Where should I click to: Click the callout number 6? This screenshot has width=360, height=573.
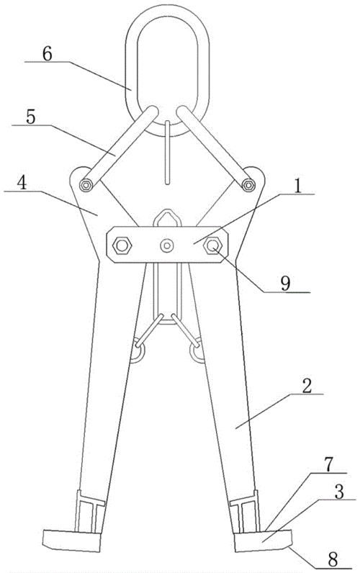point(48,54)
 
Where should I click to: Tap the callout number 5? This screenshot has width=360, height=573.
point(31,117)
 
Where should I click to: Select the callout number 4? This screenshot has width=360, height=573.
point(22,183)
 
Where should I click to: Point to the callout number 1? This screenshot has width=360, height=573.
point(298,186)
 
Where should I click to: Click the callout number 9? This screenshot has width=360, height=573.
point(286,283)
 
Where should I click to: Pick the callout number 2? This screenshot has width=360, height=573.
point(307,386)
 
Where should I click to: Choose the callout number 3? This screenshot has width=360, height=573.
point(339,492)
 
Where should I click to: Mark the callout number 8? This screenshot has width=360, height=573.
point(333,559)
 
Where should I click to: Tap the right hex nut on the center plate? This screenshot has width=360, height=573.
point(212,245)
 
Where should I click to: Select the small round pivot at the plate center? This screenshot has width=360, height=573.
point(167,245)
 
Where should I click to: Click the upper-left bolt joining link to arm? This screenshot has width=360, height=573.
point(86,185)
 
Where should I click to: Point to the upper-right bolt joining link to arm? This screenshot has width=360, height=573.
point(248,185)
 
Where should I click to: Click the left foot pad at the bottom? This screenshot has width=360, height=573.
point(71,541)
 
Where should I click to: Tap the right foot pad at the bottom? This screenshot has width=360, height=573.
point(263,541)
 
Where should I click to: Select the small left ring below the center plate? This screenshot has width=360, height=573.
point(138,351)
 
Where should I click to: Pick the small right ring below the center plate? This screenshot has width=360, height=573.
point(197,351)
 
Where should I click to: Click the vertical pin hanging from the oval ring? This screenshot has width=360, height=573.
point(167,153)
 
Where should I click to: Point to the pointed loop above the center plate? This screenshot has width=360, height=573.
point(166,218)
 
